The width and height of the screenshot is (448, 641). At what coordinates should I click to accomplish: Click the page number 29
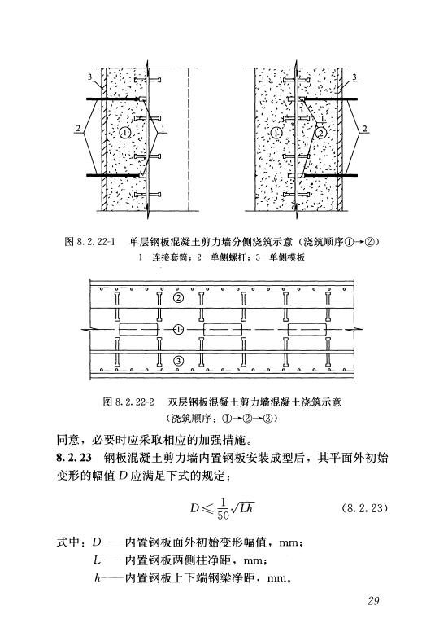click(x=373, y=600)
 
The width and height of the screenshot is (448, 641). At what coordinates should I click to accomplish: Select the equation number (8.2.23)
click(x=363, y=508)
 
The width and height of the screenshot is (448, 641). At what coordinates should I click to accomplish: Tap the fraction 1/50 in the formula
click(x=223, y=508)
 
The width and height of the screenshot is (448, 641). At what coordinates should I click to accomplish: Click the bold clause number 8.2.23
click(x=74, y=458)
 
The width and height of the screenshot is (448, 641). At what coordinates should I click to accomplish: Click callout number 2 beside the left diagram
click(x=78, y=129)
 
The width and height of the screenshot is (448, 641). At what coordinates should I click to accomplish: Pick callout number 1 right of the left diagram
click(x=163, y=130)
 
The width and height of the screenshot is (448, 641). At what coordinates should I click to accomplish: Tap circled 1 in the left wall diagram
click(x=125, y=132)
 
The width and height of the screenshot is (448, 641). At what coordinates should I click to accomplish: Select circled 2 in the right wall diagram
click(x=322, y=133)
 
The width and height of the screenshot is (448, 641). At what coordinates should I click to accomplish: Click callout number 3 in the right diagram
click(x=354, y=77)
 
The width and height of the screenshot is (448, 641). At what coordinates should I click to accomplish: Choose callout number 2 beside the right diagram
click(x=365, y=129)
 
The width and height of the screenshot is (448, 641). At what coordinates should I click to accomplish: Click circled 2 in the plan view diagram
click(x=178, y=298)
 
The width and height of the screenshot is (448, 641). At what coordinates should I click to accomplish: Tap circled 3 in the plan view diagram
click(x=178, y=360)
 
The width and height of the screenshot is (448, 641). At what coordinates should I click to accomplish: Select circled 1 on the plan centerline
click(x=178, y=329)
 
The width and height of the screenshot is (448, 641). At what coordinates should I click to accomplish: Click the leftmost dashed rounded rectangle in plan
click(x=138, y=330)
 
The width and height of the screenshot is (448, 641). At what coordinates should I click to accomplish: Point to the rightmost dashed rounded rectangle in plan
click(x=307, y=330)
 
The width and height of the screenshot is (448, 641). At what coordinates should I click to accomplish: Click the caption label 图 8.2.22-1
click(x=89, y=242)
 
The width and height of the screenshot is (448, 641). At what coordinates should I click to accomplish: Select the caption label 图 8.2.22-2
click(x=128, y=402)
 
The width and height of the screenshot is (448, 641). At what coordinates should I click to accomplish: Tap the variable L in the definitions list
click(x=97, y=560)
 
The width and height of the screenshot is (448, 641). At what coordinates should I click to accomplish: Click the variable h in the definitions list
click(x=97, y=578)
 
